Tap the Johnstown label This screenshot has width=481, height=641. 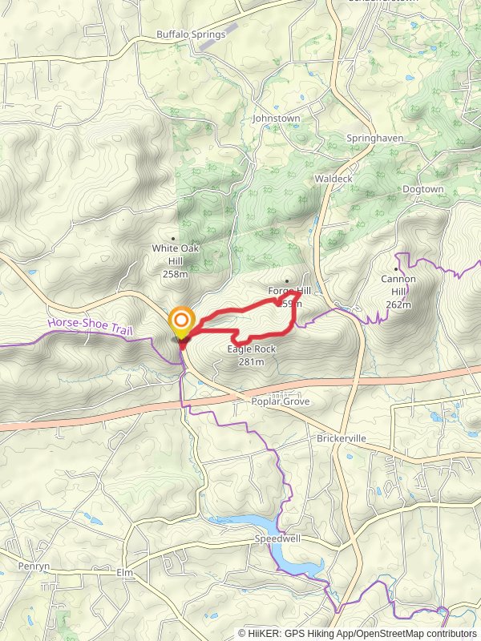tap(276, 118)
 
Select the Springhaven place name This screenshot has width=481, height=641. tap(374, 138)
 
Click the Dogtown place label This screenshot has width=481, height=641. tap(422, 189)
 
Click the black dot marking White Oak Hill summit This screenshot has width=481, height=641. tap(174, 239)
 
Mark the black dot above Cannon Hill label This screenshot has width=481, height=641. tap(397, 269)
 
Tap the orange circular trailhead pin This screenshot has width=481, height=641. tap(182, 323)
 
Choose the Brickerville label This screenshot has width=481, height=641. tap(341, 440)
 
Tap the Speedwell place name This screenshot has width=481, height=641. tap(277, 539)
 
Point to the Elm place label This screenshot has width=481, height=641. tap(124, 574)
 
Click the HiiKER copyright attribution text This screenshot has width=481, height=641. tap(358, 634)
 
